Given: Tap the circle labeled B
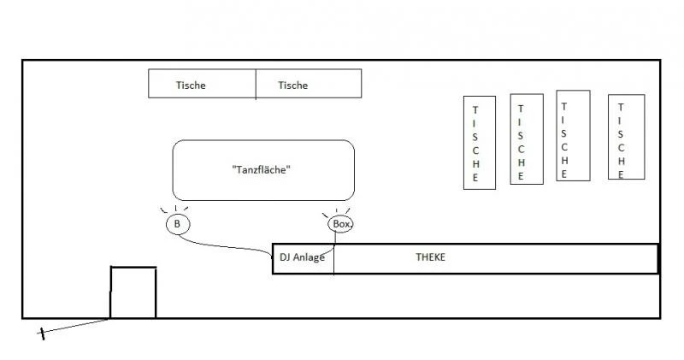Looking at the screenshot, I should point(177,224).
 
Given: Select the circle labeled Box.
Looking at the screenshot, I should point(340,224).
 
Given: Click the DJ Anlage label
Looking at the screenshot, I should point(302,257).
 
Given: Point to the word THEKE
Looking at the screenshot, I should point(430,257).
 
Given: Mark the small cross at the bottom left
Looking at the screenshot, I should point(41,333).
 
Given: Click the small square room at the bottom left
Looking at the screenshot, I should point(133,292).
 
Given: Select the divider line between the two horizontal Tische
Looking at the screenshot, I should point(256,84).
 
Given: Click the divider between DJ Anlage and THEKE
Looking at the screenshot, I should point(333,259).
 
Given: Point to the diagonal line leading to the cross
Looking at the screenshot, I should point(77,326).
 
